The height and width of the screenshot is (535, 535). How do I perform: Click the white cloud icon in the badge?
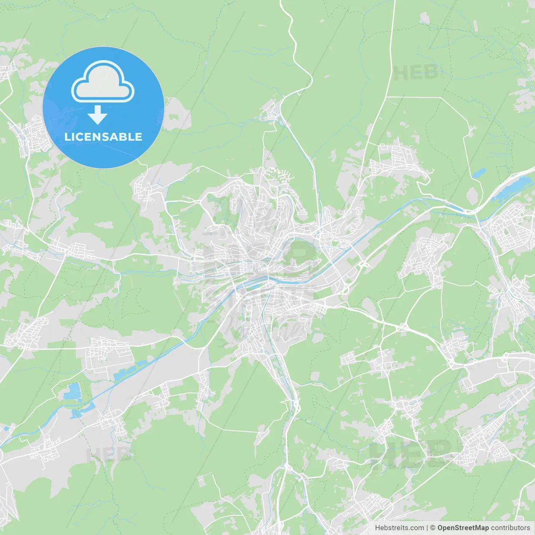103,82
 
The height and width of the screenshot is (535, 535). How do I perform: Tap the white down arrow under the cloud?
98,115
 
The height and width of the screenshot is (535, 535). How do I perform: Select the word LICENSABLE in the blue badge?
103,137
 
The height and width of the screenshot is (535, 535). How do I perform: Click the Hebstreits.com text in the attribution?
399,528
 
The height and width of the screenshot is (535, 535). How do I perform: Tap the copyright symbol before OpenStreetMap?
433,528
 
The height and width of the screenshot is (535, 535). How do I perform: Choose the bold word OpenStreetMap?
463,528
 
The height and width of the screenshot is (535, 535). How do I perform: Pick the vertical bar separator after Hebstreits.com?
427,528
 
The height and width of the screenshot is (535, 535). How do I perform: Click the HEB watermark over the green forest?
416,73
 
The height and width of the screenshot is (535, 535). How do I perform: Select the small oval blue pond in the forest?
479,173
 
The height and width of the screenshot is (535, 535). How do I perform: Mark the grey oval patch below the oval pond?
472,195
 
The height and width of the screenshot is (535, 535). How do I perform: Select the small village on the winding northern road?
274,111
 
